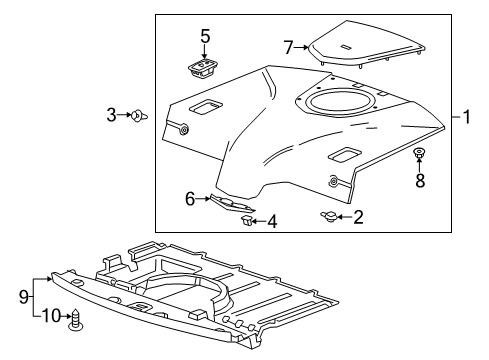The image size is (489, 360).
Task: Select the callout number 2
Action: click(x=357, y=214)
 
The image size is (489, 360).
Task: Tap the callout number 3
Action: click(x=112, y=116)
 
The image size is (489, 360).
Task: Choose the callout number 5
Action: click(x=205, y=37)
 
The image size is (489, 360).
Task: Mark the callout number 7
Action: click(x=288, y=47)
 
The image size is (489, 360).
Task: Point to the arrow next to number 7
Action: click(x=300, y=47)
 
